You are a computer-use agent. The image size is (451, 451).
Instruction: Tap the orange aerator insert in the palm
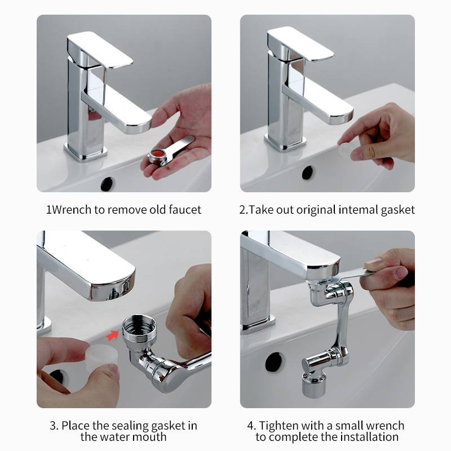pyautogui.click(x=158, y=153)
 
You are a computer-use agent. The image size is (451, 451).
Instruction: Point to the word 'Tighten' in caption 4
pyautogui.click(x=280, y=425)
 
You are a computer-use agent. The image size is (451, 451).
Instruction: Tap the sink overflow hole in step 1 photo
pyautogui.click(x=107, y=183)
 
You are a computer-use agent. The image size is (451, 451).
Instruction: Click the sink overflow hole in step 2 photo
pyautogui.click(x=308, y=173)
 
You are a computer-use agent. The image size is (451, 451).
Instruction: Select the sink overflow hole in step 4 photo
pyautogui.click(x=275, y=361)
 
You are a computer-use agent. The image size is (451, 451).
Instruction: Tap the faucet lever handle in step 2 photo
pyautogui.click(x=300, y=44)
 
